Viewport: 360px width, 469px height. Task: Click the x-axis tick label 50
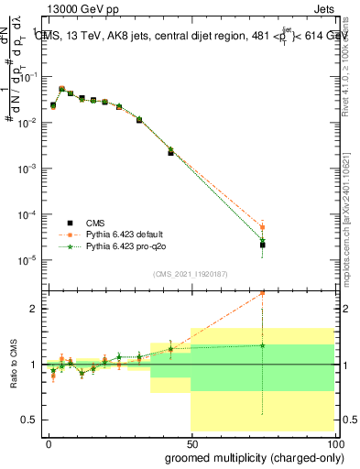191,442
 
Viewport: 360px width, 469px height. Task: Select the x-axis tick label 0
49,442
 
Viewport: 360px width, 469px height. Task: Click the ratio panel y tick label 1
33,365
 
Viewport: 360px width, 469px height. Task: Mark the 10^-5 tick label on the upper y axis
29,260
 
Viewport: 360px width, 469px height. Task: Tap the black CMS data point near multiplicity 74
262,245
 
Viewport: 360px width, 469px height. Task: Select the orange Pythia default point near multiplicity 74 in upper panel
262,227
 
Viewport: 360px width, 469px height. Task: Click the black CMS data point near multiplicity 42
170,153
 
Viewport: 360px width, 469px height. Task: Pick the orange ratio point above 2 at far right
262,293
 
